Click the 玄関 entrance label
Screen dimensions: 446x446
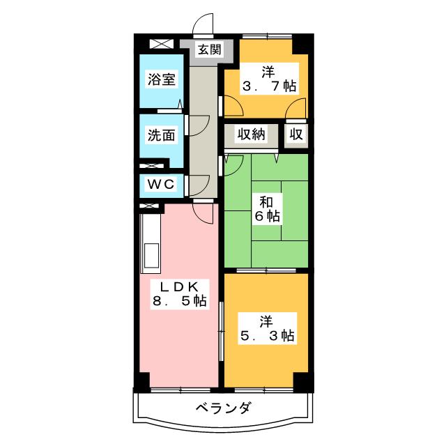[208, 49]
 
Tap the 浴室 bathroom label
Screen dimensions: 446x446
[161, 79]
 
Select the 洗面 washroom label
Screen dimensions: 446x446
[161, 134]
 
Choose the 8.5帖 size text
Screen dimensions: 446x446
[179, 301]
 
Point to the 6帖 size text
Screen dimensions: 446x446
[267, 216]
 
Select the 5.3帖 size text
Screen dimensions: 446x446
[267, 335]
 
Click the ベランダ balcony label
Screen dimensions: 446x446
[222, 408]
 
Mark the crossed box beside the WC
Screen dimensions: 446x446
[151, 167]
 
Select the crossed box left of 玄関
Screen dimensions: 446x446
[159, 43]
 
